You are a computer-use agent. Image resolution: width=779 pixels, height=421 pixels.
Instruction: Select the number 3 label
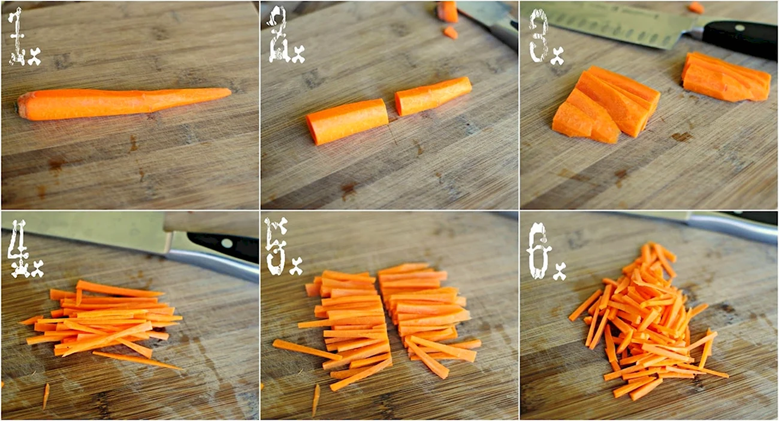point(539,36)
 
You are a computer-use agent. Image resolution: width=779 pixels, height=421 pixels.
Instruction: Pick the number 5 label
point(276,246)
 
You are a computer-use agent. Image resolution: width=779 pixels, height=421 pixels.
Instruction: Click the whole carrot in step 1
point(124,103)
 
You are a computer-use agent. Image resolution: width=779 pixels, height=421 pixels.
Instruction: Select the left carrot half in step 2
point(347,122)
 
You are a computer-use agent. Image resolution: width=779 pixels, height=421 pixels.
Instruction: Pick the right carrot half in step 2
point(433,96)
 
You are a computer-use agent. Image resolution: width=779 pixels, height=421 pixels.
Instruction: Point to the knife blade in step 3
point(612,25)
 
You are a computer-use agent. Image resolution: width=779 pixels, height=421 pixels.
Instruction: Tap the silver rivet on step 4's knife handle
point(227,243)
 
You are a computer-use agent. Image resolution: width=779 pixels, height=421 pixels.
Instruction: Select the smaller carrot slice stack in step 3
point(726,77)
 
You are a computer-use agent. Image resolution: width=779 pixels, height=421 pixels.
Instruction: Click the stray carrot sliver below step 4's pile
point(46,396)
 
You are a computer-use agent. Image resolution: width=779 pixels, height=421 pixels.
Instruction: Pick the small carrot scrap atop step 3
point(696,7)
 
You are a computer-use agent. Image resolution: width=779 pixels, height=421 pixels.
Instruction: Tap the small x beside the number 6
point(560,271)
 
